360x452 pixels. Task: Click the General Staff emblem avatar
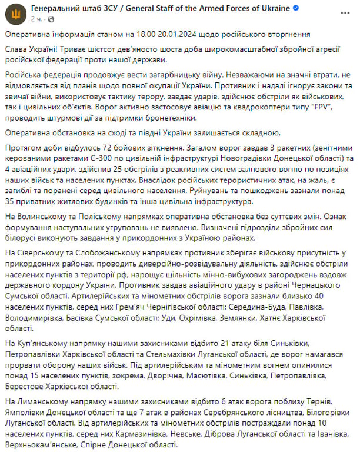point(14,14)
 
